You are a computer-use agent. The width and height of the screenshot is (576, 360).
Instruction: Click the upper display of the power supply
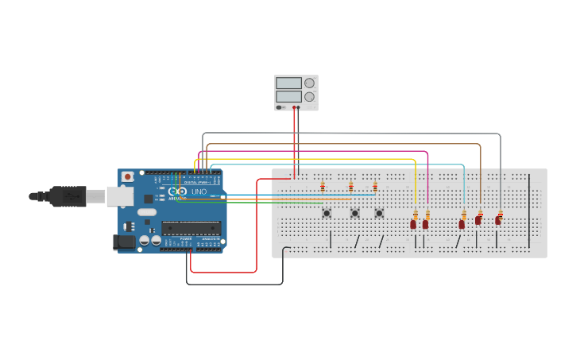tap(288, 83)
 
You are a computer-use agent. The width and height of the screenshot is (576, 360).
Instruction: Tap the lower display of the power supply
tap(288, 96)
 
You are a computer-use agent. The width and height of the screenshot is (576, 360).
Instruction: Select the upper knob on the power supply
tap(309, 83)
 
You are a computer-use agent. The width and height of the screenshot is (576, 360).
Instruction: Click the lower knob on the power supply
tap(309, 96)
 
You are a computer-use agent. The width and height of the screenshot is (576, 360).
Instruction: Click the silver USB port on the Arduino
tap(119, 195)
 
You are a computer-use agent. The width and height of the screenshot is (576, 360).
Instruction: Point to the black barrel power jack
tap(124, 242)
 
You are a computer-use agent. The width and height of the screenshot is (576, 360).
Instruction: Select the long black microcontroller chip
tap(191, 228)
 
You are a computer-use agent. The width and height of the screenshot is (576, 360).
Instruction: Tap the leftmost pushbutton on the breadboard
tap(327, 212)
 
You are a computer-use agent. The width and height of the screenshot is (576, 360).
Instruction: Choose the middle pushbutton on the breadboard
tap(354, 212)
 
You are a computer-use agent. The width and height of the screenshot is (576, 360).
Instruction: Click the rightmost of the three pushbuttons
tap(379, 212)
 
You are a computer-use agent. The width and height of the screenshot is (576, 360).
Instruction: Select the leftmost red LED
tap(413, 224)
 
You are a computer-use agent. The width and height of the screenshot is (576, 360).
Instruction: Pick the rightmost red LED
tap(498, 220)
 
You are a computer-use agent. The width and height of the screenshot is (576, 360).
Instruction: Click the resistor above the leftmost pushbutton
tap(323, 187)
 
